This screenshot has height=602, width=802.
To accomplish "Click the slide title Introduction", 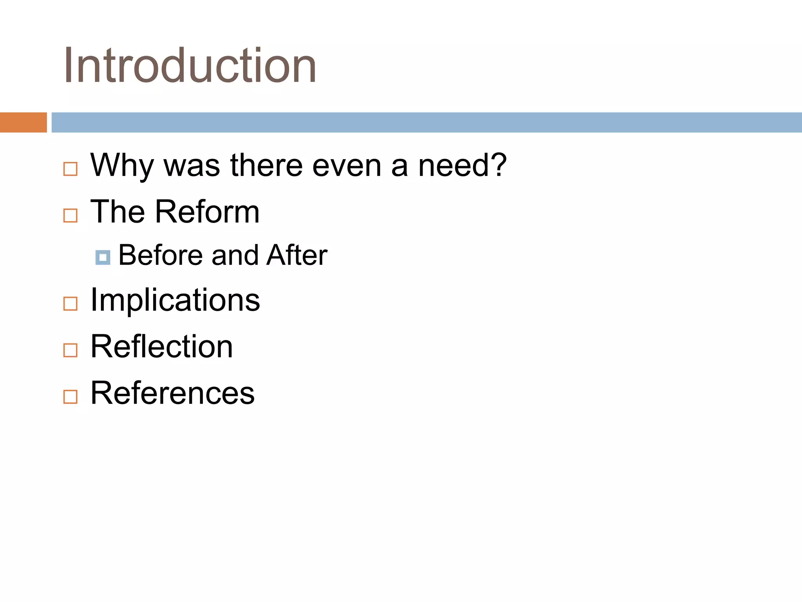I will [190, 65].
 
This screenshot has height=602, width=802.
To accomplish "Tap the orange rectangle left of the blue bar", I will [23, 122].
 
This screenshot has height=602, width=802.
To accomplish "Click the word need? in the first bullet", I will [462, 165].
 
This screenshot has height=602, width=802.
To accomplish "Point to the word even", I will [347, 165].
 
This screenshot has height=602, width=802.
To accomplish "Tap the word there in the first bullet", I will [266, 165].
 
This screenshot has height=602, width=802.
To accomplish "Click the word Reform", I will [208, 212].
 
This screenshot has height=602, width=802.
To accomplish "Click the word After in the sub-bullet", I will [296, 255].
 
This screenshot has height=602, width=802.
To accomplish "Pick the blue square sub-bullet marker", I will [103, 257].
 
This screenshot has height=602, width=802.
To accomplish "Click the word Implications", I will [175, 300].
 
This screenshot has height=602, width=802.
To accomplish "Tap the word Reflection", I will [162, 346].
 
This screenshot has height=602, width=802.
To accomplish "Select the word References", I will [172, 393].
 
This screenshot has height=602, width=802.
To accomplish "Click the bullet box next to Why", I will [70, 169].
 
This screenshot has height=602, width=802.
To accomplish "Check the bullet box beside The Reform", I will [70, 215].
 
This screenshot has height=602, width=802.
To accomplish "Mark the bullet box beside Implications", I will [70, 303].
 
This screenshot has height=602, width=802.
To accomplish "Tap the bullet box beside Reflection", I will [70, 350].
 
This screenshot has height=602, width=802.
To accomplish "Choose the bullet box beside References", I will [70, 396].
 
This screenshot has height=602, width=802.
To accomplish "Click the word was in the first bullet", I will [191, 165].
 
